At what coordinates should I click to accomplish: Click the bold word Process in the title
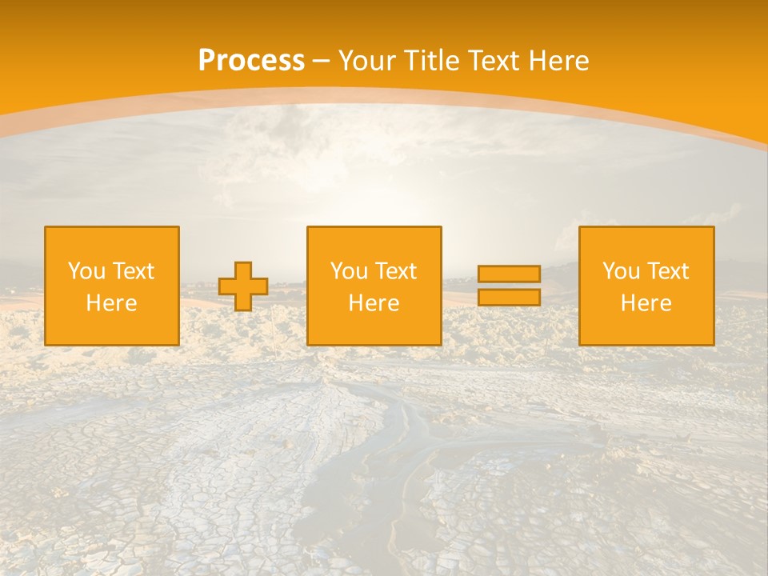[x=251, y=61]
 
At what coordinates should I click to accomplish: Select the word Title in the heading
[x=430, y=61]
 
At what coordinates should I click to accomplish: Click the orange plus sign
[x=243, y=286]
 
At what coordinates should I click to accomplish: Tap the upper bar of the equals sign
[x=509, y=274]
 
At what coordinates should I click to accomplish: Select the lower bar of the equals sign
[x=509, y=297]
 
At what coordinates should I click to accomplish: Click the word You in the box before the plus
[x=86, y=271]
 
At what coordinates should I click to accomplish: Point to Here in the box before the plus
[x=112, y=303]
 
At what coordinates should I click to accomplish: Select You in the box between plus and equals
[x=349, y=271]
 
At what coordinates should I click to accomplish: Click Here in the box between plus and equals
[x=374, y=303]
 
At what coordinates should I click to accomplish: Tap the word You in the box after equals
[x=621, y=271]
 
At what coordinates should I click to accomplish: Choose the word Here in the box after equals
[x=646, y=303]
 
